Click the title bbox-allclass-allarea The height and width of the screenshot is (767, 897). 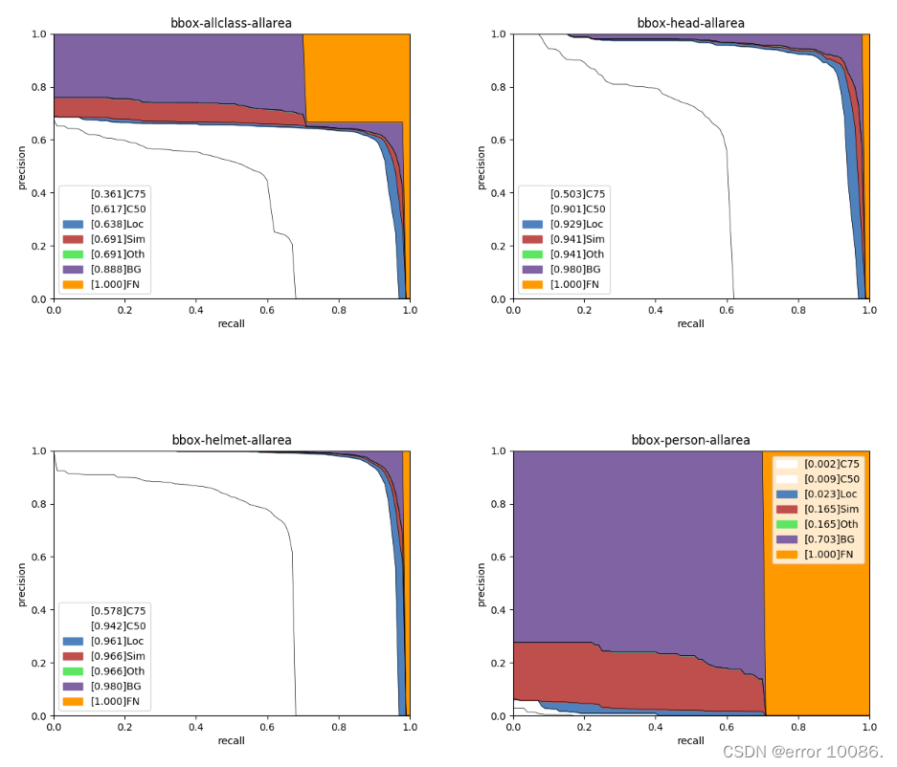231,23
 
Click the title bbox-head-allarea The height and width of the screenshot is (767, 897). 690,23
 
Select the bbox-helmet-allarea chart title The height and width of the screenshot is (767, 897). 231,440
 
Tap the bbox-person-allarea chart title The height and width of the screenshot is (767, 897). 690,440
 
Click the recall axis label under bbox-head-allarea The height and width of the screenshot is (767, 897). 690,323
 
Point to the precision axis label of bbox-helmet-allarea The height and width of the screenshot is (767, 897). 22,583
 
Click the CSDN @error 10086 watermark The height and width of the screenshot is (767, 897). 802,751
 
